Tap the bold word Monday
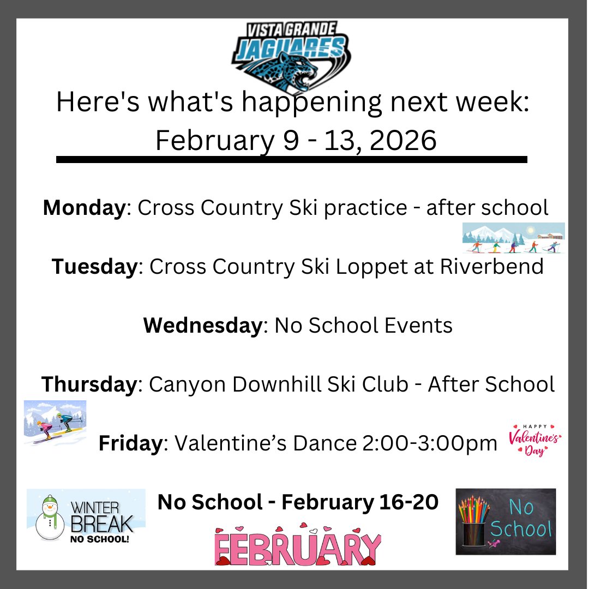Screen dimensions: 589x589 pos(83,208)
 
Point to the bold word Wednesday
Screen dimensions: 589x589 pos(203,326)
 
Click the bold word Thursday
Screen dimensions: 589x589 pos(89,384)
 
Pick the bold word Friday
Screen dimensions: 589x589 pos(130,443)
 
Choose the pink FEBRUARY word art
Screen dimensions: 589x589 pos(298,546)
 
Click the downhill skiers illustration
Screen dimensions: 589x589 pos(55,423)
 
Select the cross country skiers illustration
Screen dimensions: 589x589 pos(513,238)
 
